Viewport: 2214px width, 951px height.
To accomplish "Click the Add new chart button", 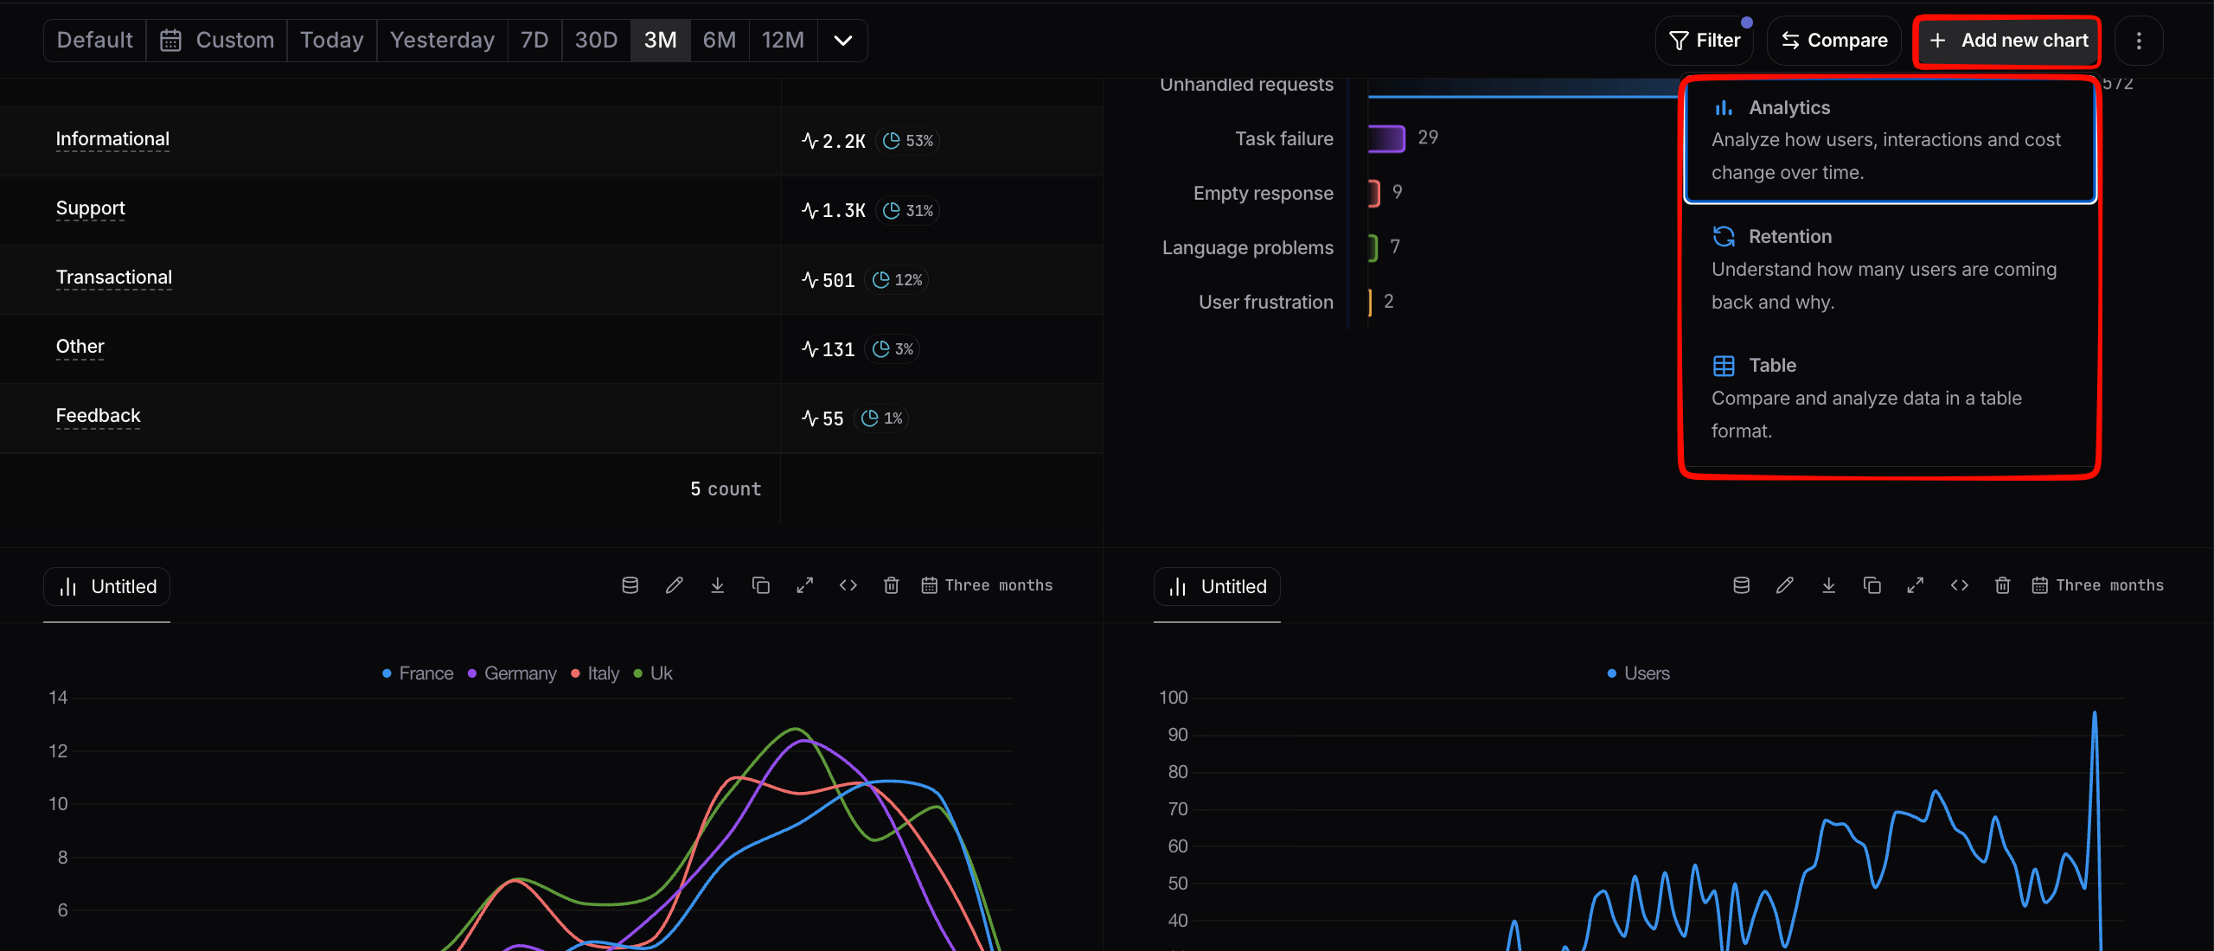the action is [x=2008, y=41].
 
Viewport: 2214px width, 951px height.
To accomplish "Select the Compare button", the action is [x=1833, y=41].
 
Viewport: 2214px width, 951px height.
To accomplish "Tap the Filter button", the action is [x=1704, y=41].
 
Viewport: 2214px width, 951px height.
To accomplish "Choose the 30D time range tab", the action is [x=596, y=41].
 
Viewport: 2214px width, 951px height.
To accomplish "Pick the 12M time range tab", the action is [x=783, y=41].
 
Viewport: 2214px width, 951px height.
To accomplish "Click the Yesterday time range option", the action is [x=442, y=41].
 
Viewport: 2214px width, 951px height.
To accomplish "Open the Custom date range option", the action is [x=217, y=41].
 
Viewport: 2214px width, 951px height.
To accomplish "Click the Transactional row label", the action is [x=114, y=278].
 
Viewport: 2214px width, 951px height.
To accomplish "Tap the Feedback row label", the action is [x=98, y=416].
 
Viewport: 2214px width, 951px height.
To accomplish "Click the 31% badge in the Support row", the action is [x=908, y=210].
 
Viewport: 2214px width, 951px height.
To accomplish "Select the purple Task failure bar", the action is [x=1386, y=138].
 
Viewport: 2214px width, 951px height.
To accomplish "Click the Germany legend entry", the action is [x=512, y=673].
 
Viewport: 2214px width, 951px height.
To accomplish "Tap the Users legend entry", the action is [x=1638, y=673].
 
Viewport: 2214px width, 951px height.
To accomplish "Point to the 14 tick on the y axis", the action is [x=58, y=698].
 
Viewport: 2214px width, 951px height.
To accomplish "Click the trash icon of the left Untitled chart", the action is [x=891, y=586].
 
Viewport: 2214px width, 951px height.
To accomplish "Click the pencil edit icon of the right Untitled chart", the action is [x=1784, y=586].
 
